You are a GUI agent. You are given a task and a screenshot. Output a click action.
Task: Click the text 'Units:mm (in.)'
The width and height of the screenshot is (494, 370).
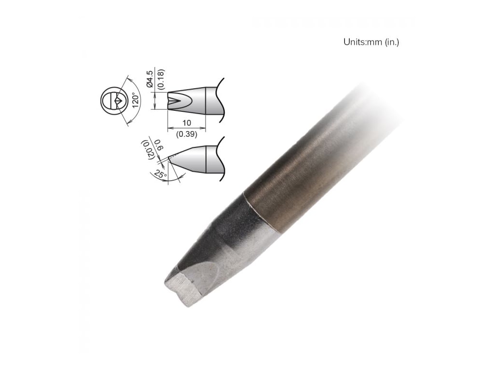(x=371, y=42)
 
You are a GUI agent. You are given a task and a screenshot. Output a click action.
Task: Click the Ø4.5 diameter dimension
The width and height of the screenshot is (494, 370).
(x=150, y=79)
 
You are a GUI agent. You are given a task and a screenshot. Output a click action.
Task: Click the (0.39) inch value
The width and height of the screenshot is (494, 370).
(x=186, y=134)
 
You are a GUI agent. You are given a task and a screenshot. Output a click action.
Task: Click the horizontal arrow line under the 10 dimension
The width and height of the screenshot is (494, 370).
(x=186, y=129)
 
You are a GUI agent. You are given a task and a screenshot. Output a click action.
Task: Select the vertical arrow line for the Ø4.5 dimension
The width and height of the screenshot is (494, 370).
(x=154, y=101)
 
